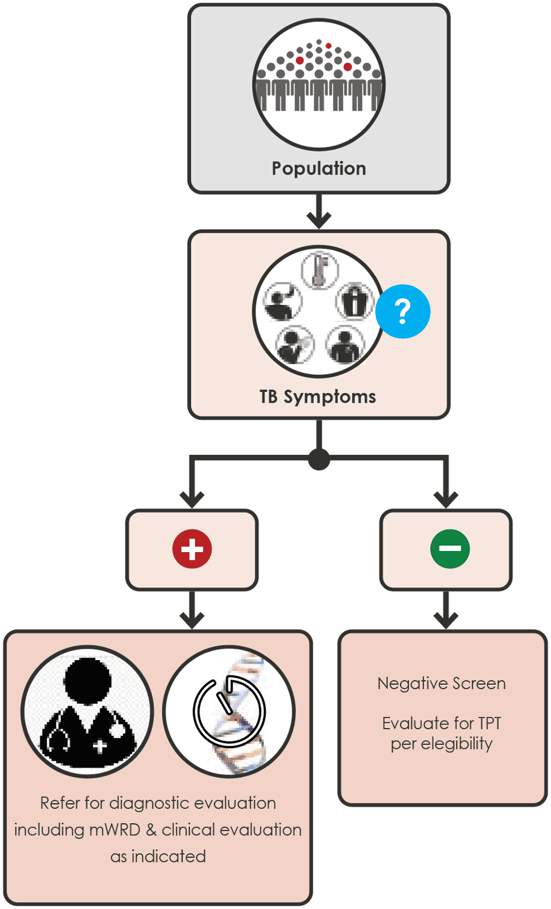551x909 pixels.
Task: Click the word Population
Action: pyautogui.click(x=319, y=168)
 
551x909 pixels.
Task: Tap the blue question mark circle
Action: pyautogui.click(x=402, y=311)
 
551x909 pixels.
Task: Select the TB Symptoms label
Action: pyautogui.click(x=317, y=397)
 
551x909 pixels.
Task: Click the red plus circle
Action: pyautogui.click(x=192, y=549)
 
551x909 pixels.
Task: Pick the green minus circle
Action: pyautogui.click(x=450, y=549)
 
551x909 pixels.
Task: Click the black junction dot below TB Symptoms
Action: pyautogui.click(x=319, y=459)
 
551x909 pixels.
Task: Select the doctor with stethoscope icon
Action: pyautogui.click(x=88, y=712)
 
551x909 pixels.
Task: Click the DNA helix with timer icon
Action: pyautogui.click(x=230, y=712)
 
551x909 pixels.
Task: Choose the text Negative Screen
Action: pyautogui.click(x=441, y=683)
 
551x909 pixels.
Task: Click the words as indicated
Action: pyautogui.click(x=158, y=856)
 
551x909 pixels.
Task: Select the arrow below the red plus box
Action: pyautogui.click(x=192, y=610)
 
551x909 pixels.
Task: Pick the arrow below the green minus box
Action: pyautogui.click(x=446, y=610)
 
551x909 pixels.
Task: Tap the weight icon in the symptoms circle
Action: pyautogui.click(x=355, y=301)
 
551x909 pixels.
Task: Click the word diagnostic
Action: pyautogui.click(x=149, y=803)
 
